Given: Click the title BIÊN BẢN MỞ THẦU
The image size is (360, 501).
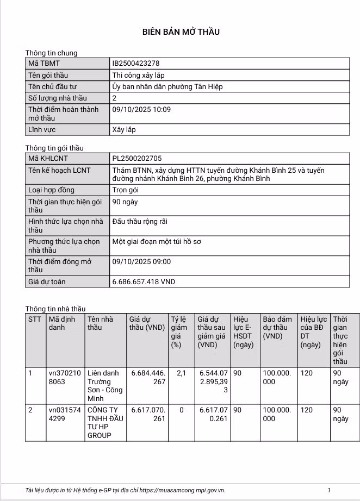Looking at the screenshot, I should (181, 32).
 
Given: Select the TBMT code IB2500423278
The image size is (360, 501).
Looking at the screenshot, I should (135, 64).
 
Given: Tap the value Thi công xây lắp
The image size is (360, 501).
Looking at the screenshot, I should (138, 75).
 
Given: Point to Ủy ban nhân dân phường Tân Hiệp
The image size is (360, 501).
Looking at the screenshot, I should (167, 86).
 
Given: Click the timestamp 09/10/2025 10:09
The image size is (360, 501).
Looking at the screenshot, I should (141, 109).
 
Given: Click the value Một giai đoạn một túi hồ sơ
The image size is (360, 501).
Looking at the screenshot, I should (157, 241).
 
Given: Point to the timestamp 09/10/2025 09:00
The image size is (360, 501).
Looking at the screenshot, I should (141, 261).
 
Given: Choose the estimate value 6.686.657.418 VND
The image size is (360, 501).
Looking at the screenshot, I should (144, 282).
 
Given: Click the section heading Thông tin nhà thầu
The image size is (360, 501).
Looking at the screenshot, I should (55, 309).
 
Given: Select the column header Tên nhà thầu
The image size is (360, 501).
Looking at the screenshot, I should (100, 323).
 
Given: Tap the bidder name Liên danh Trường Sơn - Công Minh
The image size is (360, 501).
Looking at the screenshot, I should (104, 386).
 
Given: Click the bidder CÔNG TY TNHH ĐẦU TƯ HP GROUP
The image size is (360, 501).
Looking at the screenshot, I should (104, 423).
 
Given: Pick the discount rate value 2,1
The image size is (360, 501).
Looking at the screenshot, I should (181, 373).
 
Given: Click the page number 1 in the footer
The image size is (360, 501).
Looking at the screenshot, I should (328, 491).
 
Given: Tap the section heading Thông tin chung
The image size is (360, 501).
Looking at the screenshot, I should (52, 53).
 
